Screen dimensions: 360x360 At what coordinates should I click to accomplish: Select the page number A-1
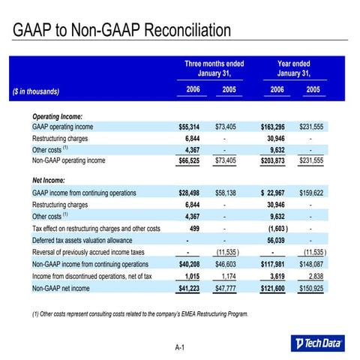180,347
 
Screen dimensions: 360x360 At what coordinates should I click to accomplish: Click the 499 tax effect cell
193,228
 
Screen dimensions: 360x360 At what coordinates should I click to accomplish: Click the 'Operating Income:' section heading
58,116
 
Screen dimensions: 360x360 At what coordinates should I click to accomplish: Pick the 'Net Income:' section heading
49,181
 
